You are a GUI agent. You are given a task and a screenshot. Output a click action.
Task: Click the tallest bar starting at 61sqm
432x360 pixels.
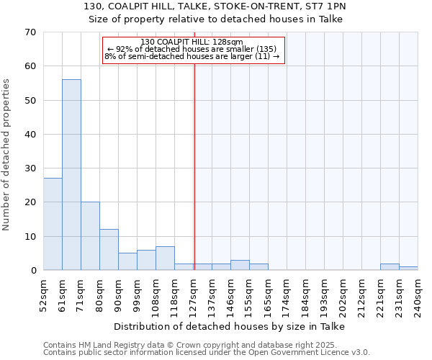pos(71,175)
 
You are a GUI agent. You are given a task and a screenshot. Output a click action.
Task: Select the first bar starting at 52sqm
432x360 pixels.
pos(53,224)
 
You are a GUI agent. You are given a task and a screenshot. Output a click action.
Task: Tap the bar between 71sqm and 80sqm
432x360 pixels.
pos(90,236)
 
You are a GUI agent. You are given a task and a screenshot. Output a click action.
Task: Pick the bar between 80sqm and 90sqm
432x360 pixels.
pos(109,250)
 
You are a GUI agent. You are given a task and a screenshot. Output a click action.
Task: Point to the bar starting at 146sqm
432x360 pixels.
pos(240,265)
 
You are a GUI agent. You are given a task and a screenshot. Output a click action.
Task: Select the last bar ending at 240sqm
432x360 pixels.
pos(408,269)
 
